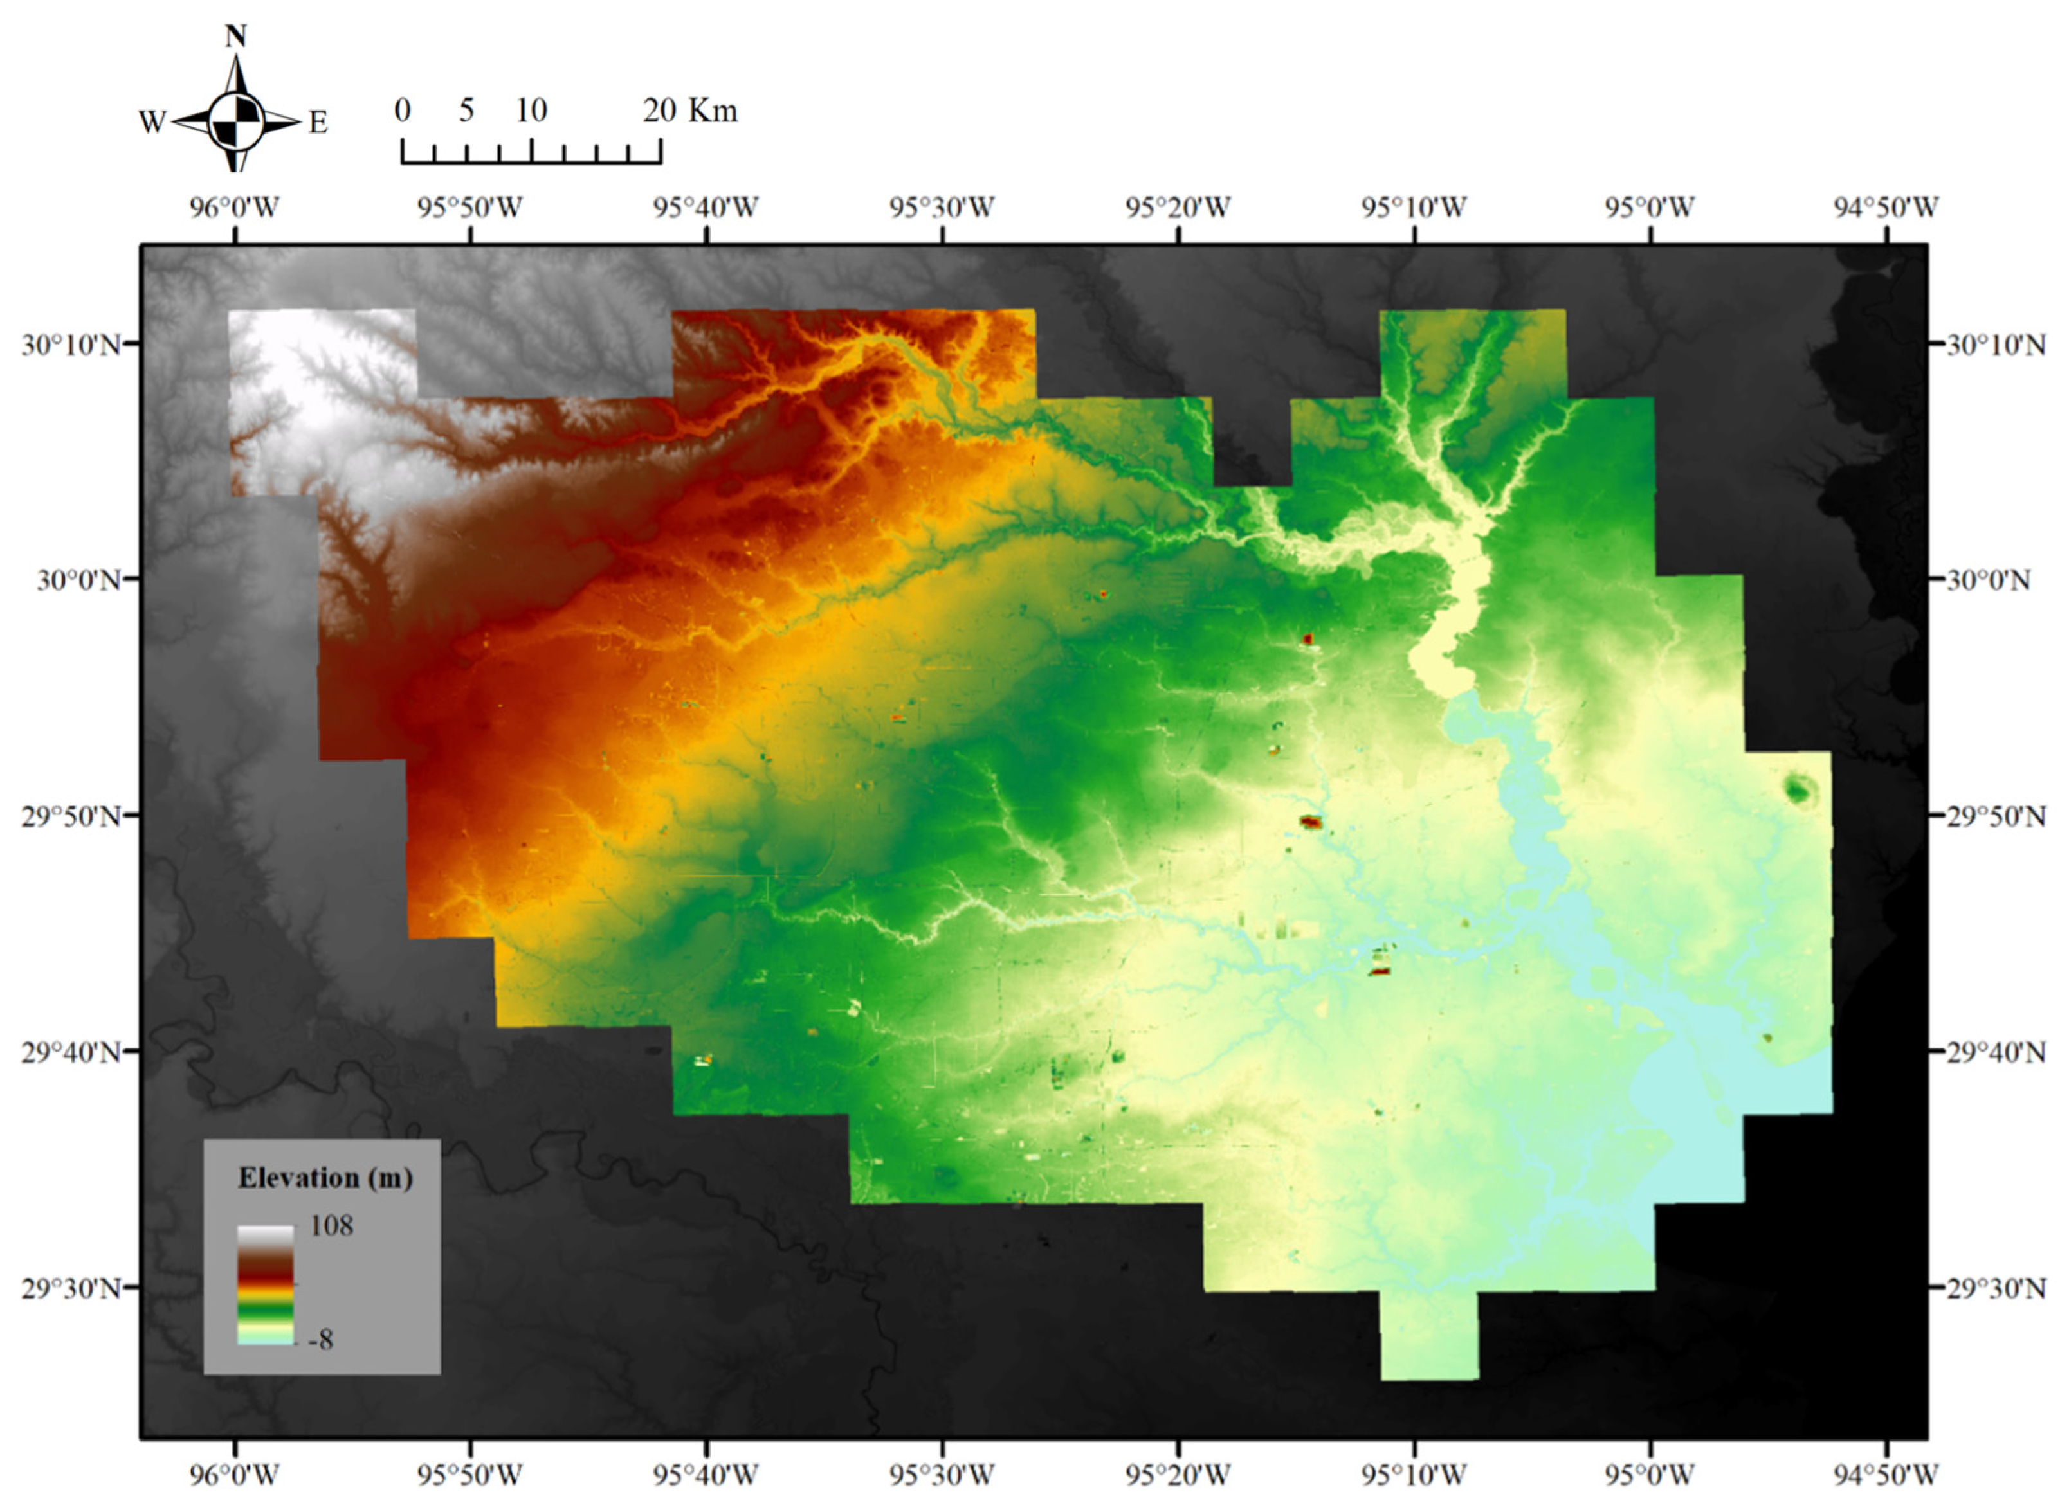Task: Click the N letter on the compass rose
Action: pyautogui.click(x=236, y=37)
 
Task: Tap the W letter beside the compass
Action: pyautogui.click(x=152, y=121)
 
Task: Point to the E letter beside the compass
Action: pyautogui.click(x=317, y=121)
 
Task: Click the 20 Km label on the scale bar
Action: pyautogui.click(x=689, y=111)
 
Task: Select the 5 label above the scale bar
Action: pyautogui.click(x=466, y=111)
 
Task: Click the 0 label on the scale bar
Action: pyautogui.click(x=403, y=111)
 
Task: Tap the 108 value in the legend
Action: pyautogui.click(x=331, y=1225)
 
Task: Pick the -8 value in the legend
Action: pyautogui.click(x=321, y=1340)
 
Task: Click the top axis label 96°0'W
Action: pyautogui.click(x=234, y=208)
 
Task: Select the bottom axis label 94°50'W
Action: pyautogui.click(x=1885, y=1475)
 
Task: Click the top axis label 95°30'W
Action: pyautogui.click(x=942, y=208)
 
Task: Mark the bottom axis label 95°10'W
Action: pyautogui.click(x=1414, y=1475)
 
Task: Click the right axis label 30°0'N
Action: pyautogui.click(x=1988, y=580)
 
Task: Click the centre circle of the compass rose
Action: pyautogui.click(x=236, y=121)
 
